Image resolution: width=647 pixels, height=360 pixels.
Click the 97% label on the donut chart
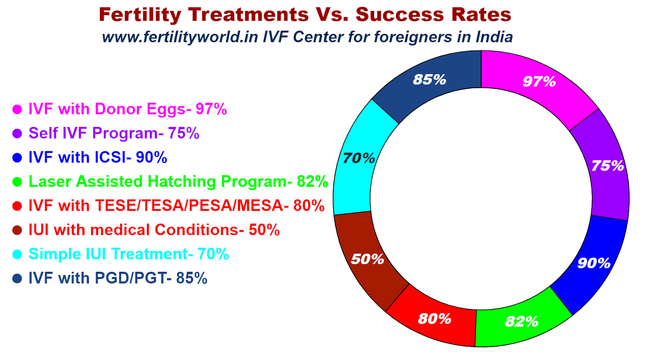point(539,82)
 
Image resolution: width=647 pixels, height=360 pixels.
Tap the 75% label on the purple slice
point(607,166)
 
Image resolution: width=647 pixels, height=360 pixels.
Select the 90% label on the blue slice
point(593,263)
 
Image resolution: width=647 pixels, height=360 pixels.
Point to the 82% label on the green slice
point(521,322)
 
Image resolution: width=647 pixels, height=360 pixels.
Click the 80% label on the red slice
point(434,319)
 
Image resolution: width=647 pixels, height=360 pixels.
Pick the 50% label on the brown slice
point(367,259)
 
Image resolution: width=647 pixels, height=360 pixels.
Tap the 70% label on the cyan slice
point(359,158)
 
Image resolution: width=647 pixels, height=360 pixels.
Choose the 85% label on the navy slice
point(429,79)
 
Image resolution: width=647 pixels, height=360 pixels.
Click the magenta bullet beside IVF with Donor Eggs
point(17,109)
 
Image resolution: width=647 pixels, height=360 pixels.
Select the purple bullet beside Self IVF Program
point(17,133)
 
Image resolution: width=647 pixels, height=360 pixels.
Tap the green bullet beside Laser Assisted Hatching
point(17,182)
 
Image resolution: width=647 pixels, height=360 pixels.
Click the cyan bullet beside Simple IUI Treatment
point(17,254)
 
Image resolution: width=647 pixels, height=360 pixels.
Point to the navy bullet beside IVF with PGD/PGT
point(17,278)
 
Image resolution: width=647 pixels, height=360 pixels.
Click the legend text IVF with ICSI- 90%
point(97,157)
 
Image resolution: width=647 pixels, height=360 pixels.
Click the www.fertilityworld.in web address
point(180,37)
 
